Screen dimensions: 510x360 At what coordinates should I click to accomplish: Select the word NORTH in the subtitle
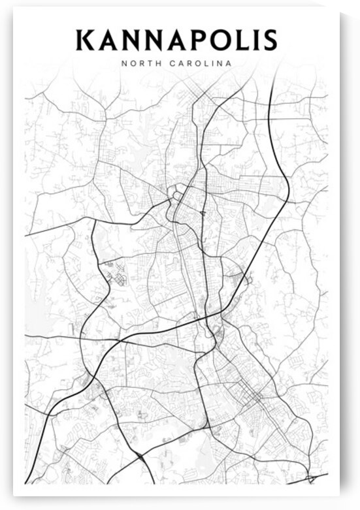(139, 63)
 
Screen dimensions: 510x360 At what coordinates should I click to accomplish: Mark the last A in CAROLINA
(229, 63)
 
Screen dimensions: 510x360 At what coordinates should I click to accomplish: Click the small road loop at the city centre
(175, 193)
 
